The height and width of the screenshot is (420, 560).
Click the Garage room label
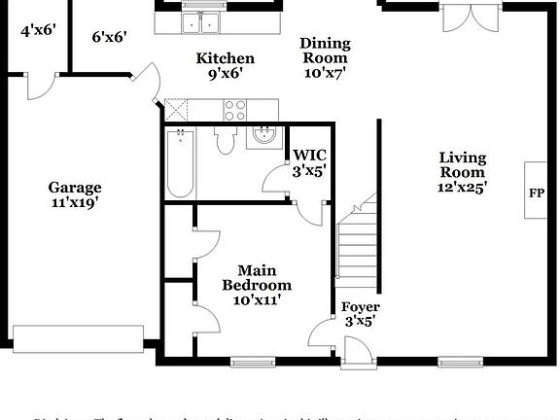click(x=75, y=187)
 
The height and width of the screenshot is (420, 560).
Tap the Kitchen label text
click(x=226, y=58)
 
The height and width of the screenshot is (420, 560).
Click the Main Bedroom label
click(x=257, y=277)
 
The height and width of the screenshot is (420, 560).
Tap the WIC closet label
click(x=310, y=155)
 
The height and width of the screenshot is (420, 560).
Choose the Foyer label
click(x=360, y=307)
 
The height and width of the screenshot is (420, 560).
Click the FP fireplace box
click(x=536, y=192)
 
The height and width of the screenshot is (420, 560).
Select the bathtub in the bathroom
click(x=180, y=164)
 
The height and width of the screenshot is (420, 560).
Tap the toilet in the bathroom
click(x=225, y=142)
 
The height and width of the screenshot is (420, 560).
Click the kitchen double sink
click(x=203, y=22)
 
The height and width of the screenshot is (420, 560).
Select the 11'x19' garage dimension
click(x=75, y=203)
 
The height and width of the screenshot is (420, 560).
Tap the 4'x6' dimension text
click(x=39, y=30)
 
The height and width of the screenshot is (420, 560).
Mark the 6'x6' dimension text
click(x=110, y=37)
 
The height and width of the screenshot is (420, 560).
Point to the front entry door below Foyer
click(x=356, y=352)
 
